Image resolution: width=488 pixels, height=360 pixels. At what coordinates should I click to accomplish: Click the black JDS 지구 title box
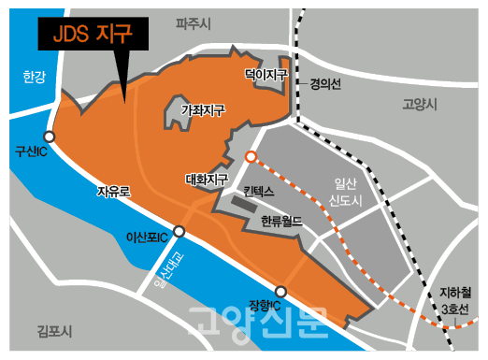click(x=94, y=36)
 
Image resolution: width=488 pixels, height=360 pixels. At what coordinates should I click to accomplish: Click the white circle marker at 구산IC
click(x=49, y=137)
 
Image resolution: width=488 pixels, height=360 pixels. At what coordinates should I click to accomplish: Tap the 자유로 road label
click(x=113, y=191)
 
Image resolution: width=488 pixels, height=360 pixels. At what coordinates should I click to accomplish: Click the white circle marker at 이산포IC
click(x=179, y=231)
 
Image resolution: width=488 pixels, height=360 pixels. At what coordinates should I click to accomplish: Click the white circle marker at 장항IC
click(x=280, y=291)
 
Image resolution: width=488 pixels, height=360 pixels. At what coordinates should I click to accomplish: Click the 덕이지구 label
click(x=265, y=71)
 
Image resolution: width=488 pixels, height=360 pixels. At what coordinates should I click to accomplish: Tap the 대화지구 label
click(x=207, y=179)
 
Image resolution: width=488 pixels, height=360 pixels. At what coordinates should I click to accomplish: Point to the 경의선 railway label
click(x=326, y=83)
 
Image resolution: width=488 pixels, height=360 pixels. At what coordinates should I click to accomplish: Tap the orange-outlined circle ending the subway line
click(x=251, y=157)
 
